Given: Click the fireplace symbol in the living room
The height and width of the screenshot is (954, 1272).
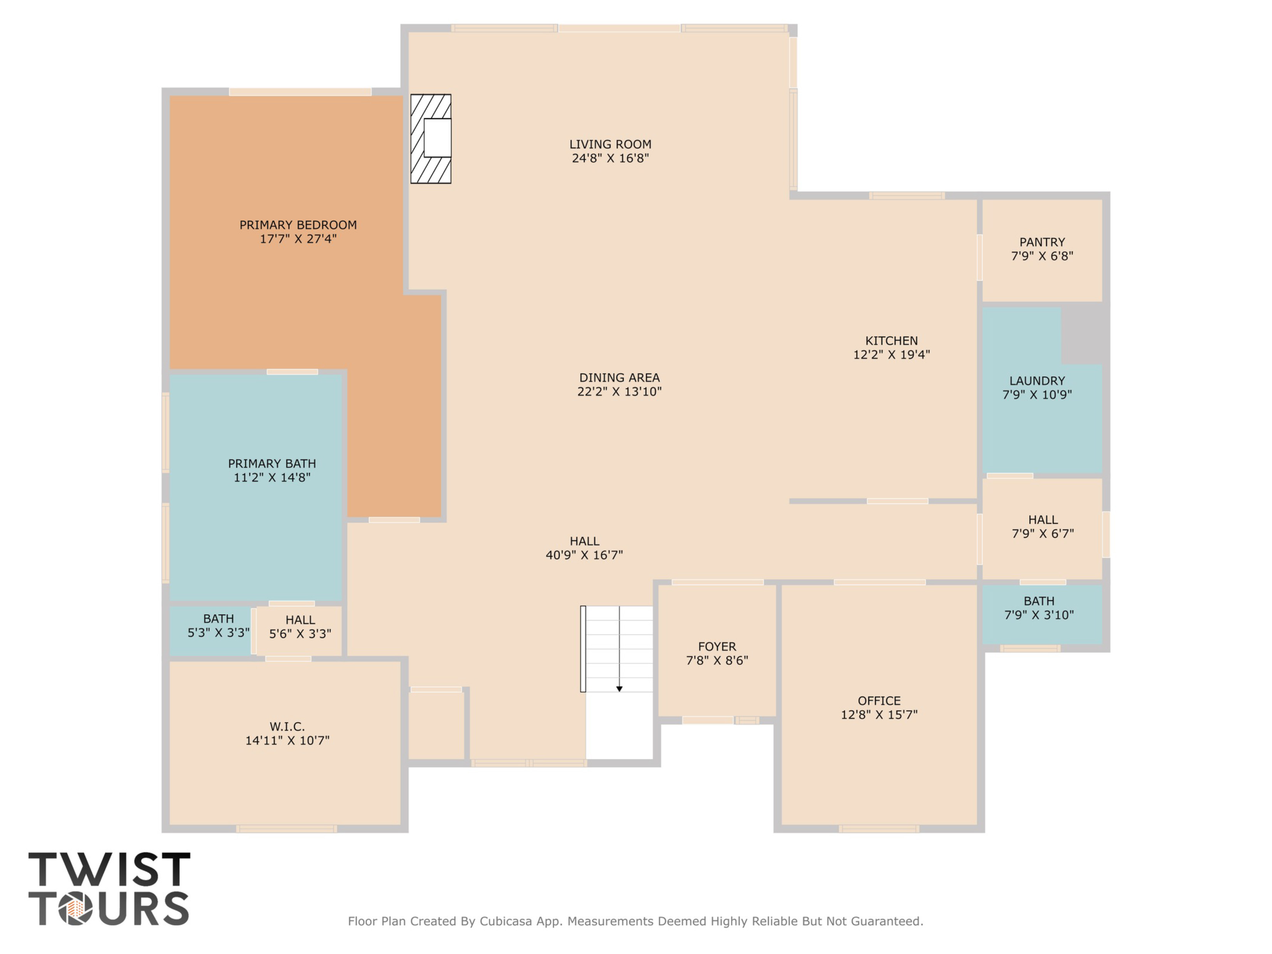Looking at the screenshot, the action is pyautogui.click(x=431, y=139).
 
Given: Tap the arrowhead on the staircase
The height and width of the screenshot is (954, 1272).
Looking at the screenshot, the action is pyautogui.click(x=619, y=688).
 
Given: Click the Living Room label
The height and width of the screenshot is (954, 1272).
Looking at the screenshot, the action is pyautogui.click(x=610, y=144).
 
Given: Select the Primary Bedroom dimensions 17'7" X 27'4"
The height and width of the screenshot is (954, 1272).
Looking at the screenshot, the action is pyautogui.click(x=298, y=239).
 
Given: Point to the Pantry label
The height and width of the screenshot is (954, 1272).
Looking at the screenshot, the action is pyautogui.click(x=1042, y=242).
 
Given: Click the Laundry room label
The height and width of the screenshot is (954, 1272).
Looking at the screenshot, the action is pyautogui.click(x=1037, y=381).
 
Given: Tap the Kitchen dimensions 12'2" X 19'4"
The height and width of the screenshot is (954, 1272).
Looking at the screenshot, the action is pyautogui.click(x=891, y=355).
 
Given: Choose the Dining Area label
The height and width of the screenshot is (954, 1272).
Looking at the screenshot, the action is pyautogui.click(x=619, y=378).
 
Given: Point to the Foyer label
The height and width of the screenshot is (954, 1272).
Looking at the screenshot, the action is pyautogui.click(x=717, y=646).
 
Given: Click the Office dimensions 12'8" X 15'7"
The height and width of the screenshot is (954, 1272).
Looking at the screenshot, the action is pyautogui.click(x=879, y=715).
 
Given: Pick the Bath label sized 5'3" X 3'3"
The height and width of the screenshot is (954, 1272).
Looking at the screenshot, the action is pyautogui.click(x=219, y=619).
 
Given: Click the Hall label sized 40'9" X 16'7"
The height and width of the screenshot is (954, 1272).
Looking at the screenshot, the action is pyautogui.click(x=584, y=541).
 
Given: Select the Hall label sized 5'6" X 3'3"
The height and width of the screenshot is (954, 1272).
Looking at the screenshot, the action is pyautogui.click(x=300, y=620).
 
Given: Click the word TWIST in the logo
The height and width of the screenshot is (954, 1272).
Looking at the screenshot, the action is pyautogui.click(x=109, y=870).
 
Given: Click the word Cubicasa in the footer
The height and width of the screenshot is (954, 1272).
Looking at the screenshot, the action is pyautogui.click(x=505, y=921).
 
